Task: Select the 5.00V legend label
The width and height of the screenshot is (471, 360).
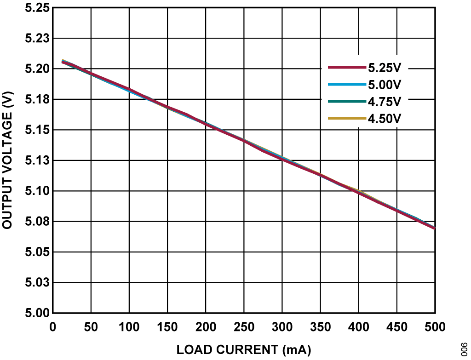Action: click(x=385, y=85)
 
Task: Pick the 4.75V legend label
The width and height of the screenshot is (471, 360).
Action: click(x=385, y=102)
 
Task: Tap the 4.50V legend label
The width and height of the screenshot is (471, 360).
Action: click(x=385, y=119)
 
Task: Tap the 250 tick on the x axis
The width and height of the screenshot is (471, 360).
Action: click(x=244, y=327)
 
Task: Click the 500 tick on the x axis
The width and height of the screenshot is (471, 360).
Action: click(x=435, y=327)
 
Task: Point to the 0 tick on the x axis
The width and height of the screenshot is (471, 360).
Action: click(x=53, y=327)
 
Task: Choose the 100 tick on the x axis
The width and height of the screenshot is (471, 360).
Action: click(x=129, y=327)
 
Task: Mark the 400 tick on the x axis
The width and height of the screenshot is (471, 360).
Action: click(x=358, y=327)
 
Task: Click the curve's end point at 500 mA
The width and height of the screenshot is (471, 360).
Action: click(x=435, y=228)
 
